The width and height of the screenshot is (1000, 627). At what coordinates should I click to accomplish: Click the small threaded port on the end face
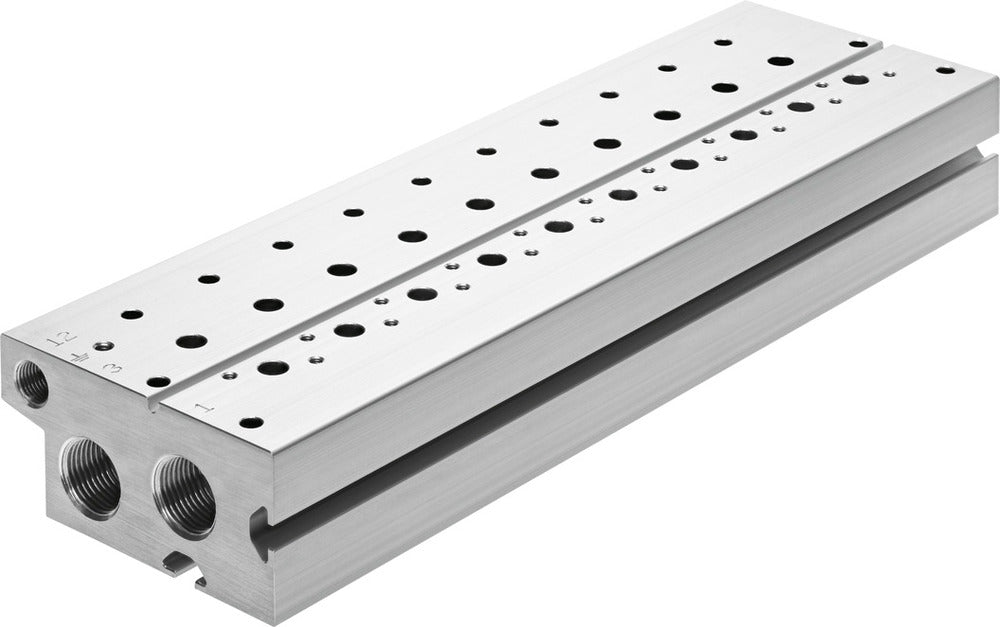pos(32,383)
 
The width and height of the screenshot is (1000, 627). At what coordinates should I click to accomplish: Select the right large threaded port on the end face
pos(184,495)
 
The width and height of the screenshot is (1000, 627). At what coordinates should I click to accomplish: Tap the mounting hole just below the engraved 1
pos(251,423)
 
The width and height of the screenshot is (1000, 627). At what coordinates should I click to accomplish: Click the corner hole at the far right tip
pos(945,70)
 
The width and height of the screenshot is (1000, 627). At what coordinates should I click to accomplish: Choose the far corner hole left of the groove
pos(857,44)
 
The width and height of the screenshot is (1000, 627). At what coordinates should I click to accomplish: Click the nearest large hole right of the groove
pos(273,367)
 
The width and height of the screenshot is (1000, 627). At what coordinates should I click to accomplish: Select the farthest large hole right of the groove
pos(855,79)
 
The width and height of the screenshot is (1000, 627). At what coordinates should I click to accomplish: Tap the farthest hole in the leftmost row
pos(723,43)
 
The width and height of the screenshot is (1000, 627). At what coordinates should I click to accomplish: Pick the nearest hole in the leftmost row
pos(131,314)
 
